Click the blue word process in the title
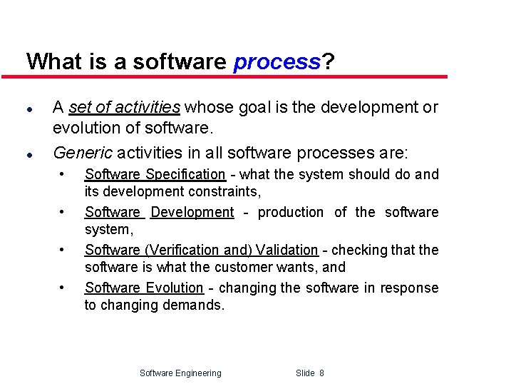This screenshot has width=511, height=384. click(x=277, y=62)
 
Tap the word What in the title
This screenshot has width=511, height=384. click(x=55, y=61)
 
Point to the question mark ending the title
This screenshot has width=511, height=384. click(x=328, y=61)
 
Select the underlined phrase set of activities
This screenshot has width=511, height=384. click(x=125, y=108)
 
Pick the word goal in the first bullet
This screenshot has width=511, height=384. click(x=253, y=108)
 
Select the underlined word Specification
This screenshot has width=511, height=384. click(x=185, y=174)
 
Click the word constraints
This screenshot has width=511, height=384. click(x=224, y=191)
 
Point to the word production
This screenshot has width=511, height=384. click(x=289, y=212)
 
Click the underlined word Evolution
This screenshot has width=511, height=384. click(x=175, y=288)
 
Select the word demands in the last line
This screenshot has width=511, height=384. click(x=199, y=305)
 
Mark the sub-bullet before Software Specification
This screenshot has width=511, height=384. click(x=63, y=173)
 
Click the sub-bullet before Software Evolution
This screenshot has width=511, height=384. click(x=63, y=287)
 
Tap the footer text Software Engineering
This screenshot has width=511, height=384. click(x=180, y=373)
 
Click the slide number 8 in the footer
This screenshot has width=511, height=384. click(x=322, y=373)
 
